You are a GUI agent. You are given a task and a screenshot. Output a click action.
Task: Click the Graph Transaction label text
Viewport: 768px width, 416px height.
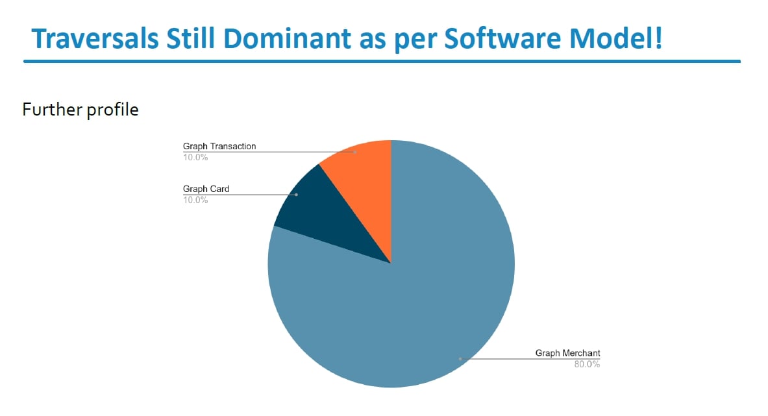pyautogui.click(x=219, y=147)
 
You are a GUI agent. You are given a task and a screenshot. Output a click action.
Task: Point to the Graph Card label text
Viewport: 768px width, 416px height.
pyautogui.click(x=206, y=190)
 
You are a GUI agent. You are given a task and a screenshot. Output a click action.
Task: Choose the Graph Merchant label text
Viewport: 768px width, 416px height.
pyautogui.click(x=567, y=353)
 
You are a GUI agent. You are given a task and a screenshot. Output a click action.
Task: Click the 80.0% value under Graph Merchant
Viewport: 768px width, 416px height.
pyautogui.click(x=587, y=364)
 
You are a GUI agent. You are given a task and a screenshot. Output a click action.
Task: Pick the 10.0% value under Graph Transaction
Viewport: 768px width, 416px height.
pyautogui.click(x=195, y=156)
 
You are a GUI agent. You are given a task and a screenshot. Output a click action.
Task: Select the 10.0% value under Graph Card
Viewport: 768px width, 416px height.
pyautogui.click(x=195, y=200)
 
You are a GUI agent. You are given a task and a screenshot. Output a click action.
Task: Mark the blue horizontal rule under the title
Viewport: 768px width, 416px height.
pyautogui.click(x=382, y=62)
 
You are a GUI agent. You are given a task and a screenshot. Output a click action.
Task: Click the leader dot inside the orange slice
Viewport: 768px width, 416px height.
pyautogui.click(x=355, y=152)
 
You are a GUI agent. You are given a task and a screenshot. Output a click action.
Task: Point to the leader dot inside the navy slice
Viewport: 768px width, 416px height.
pyautogui.click(x=297, y=195)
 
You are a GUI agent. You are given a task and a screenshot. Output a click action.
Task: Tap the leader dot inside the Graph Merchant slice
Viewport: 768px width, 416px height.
pyautogui.click(x=460, y=358)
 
